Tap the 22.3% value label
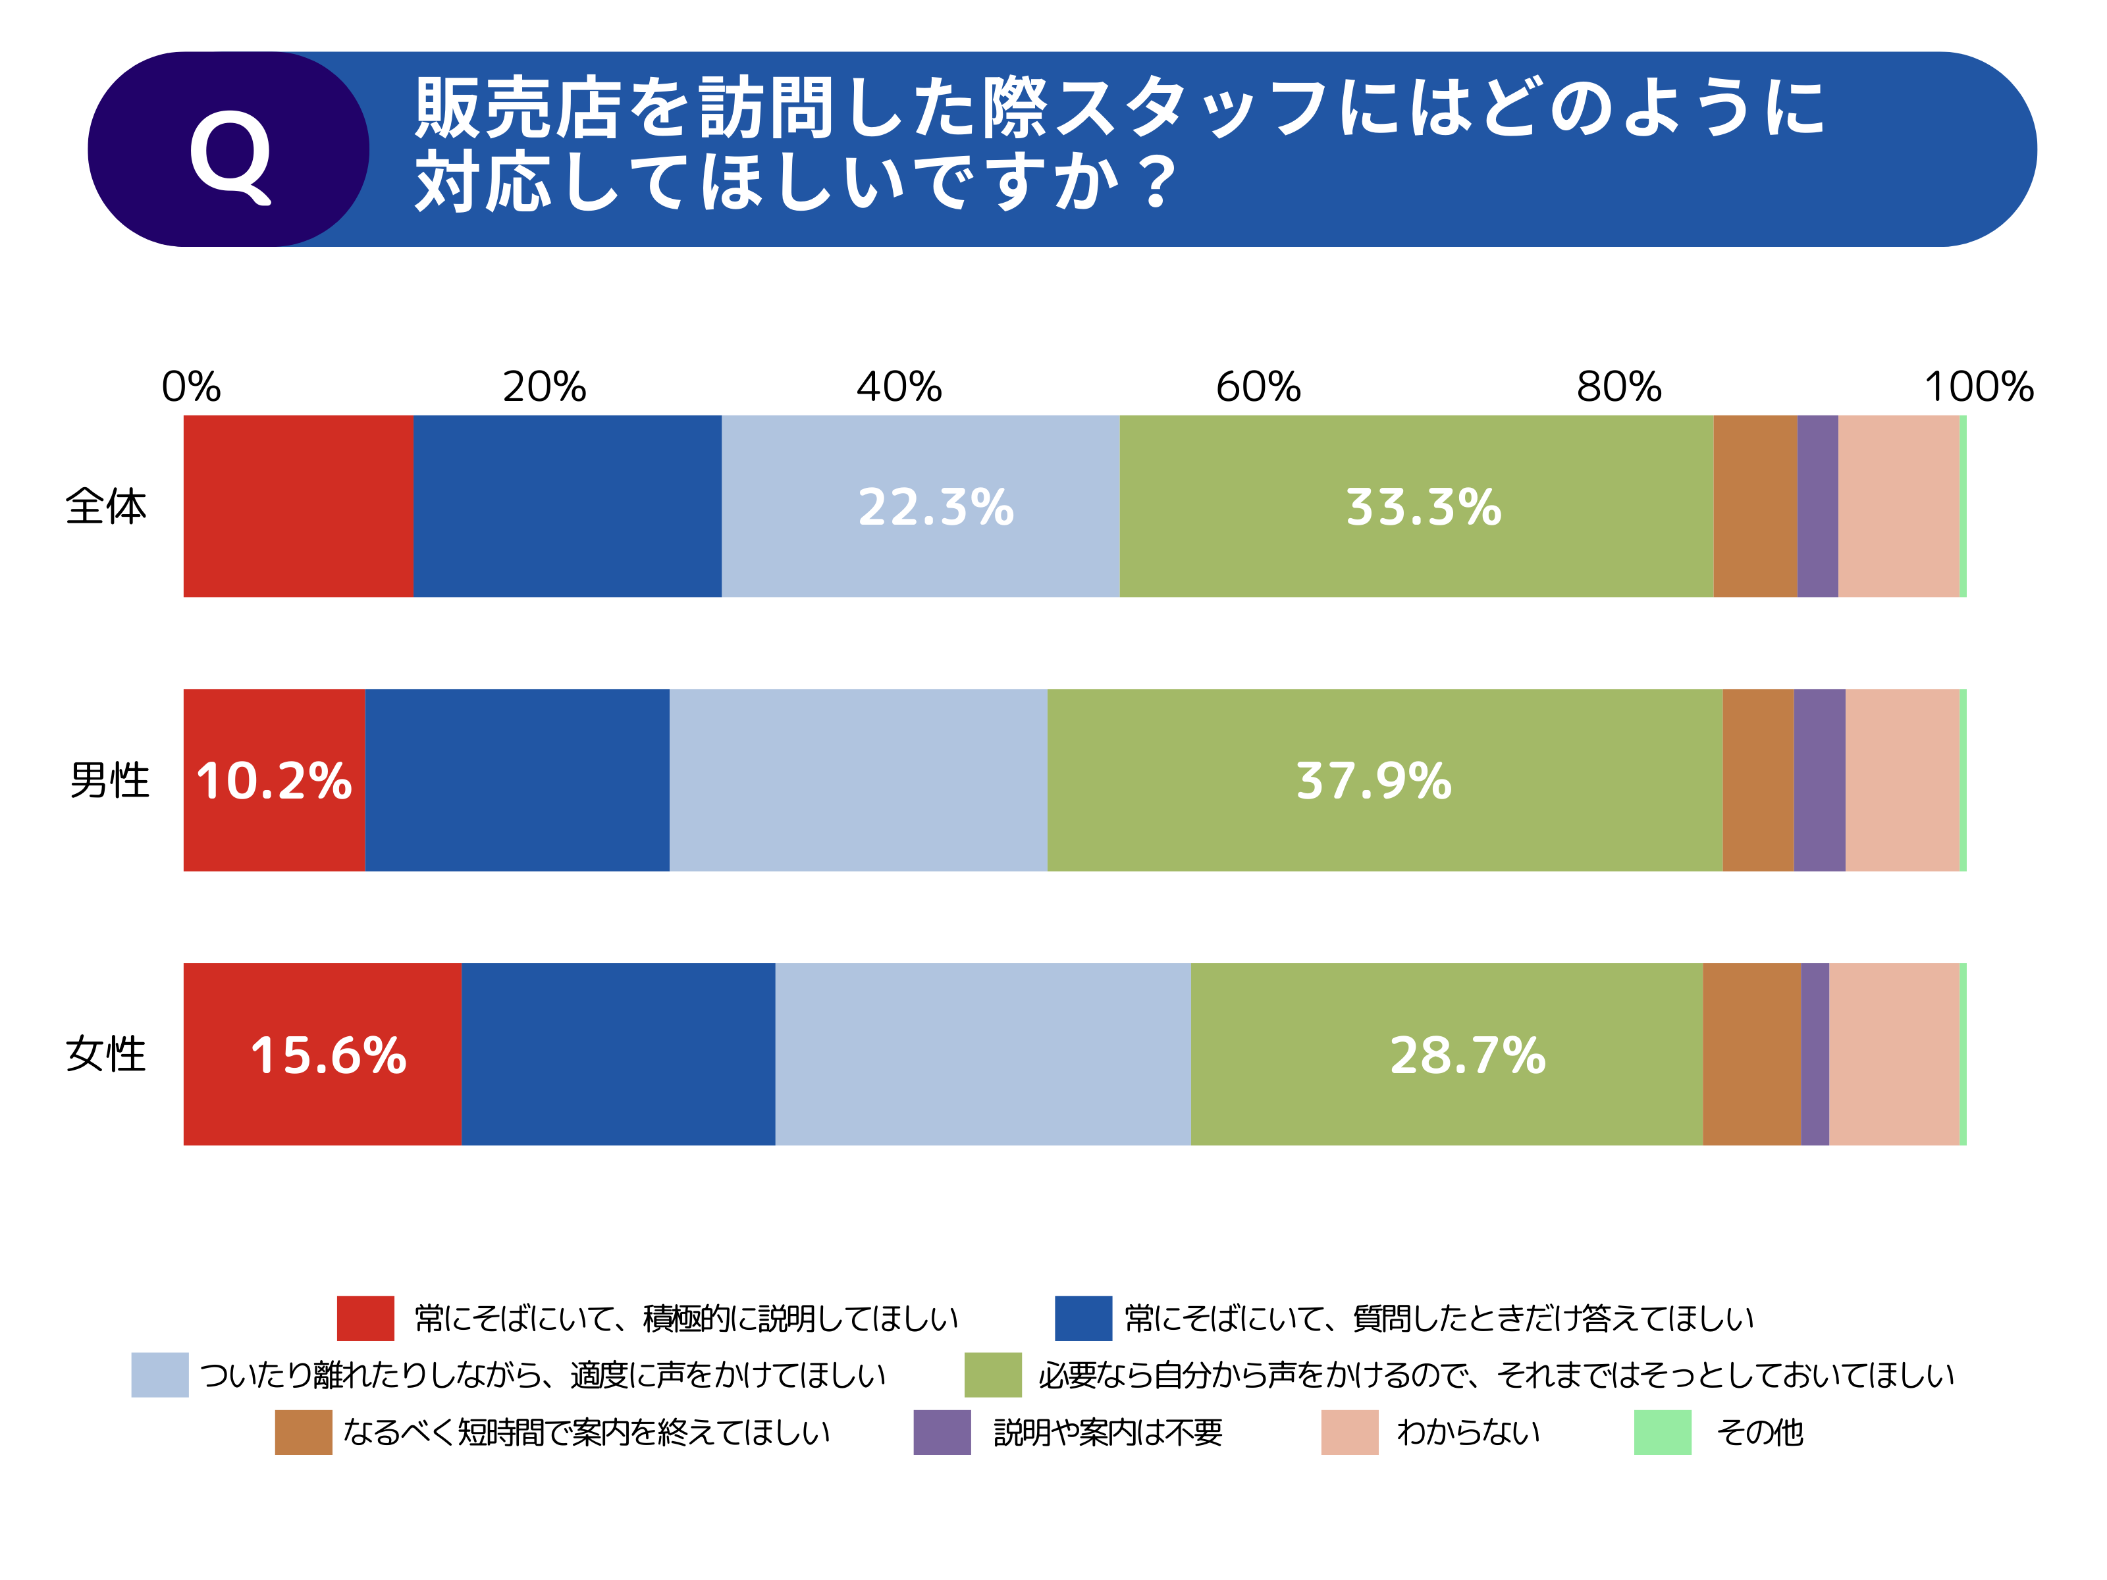936,507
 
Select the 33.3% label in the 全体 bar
1423,507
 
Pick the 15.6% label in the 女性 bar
328,1055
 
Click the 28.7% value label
1467,1055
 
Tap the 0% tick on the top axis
190,386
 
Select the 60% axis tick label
1258,386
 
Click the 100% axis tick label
1979,386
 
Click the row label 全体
106,507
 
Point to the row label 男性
109,781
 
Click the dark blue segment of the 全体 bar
567,507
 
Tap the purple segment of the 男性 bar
1819,781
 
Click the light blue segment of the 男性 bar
857,781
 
